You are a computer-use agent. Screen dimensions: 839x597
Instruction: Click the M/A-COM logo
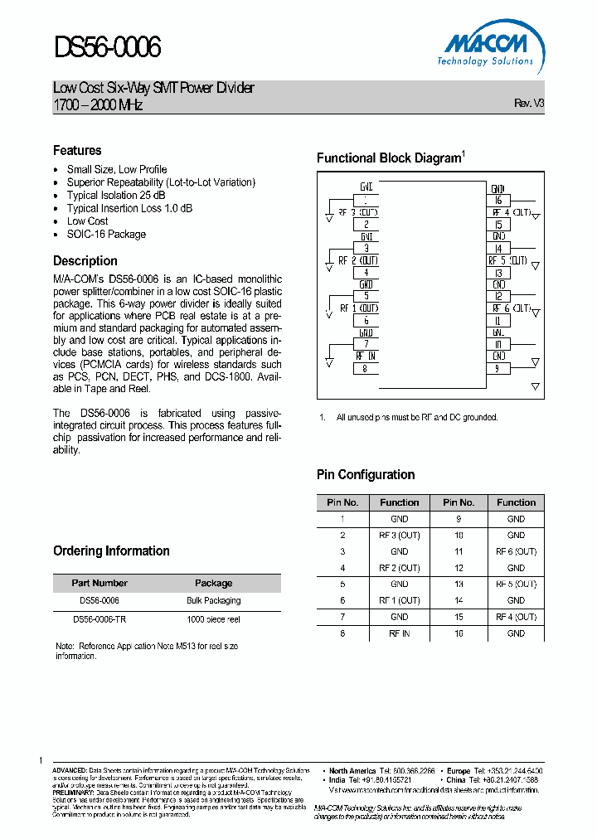(x=486, y=42)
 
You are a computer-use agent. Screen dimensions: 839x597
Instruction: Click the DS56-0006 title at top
(x=107, y=48)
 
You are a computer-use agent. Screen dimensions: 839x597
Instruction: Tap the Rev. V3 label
(x=529, y=104)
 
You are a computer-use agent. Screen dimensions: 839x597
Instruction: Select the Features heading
(x=77, y=150)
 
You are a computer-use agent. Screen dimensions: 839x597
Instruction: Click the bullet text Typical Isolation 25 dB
(x=116, y=195)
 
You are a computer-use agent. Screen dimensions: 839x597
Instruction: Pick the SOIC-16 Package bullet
(x=106, y=234)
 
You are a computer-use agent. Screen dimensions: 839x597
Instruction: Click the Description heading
(x=85, y=260)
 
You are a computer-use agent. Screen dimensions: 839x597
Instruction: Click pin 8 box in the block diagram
(x=366, y=368)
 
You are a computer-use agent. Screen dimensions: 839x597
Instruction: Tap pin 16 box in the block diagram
(x=498, y=200)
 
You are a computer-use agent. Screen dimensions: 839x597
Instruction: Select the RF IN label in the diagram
(x=366, y=356)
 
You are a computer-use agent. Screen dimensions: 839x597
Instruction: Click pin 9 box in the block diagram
(x=498, y=368)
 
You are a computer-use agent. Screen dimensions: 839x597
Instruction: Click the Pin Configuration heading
(x=366, y=474)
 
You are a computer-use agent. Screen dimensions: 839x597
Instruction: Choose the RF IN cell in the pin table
(x=399, y=633)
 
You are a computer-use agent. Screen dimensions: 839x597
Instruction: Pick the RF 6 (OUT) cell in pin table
(x=516, y=551)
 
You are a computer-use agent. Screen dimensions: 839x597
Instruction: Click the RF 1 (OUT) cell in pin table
(x=399, y=600)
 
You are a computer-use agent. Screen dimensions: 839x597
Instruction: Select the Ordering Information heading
(x=111, y=550)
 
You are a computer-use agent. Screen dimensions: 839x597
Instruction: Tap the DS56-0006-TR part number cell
(x=99, y=618)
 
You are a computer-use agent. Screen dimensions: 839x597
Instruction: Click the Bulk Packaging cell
(x=213, y=600)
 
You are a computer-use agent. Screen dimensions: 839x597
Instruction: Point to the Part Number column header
(x=99, y=583)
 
